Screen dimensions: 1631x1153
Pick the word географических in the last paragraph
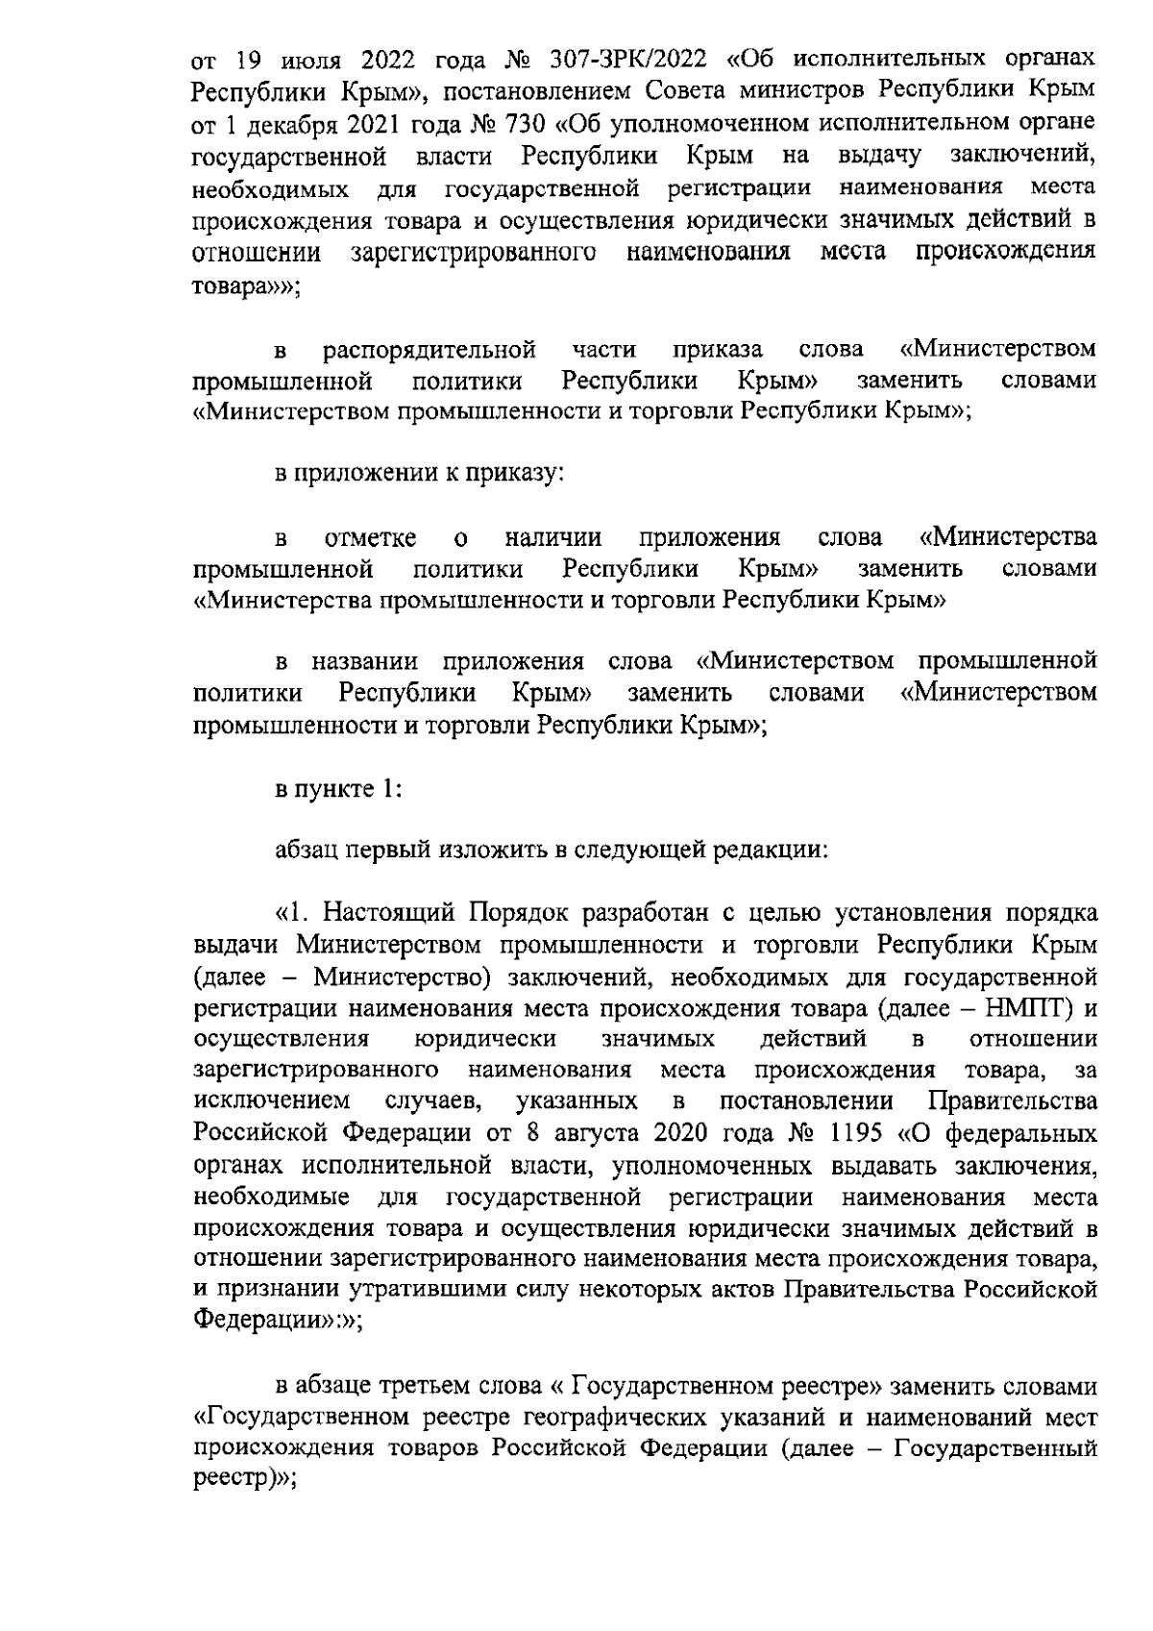[x=613, y=1417]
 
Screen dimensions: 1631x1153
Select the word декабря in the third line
[x=288, y=123]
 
